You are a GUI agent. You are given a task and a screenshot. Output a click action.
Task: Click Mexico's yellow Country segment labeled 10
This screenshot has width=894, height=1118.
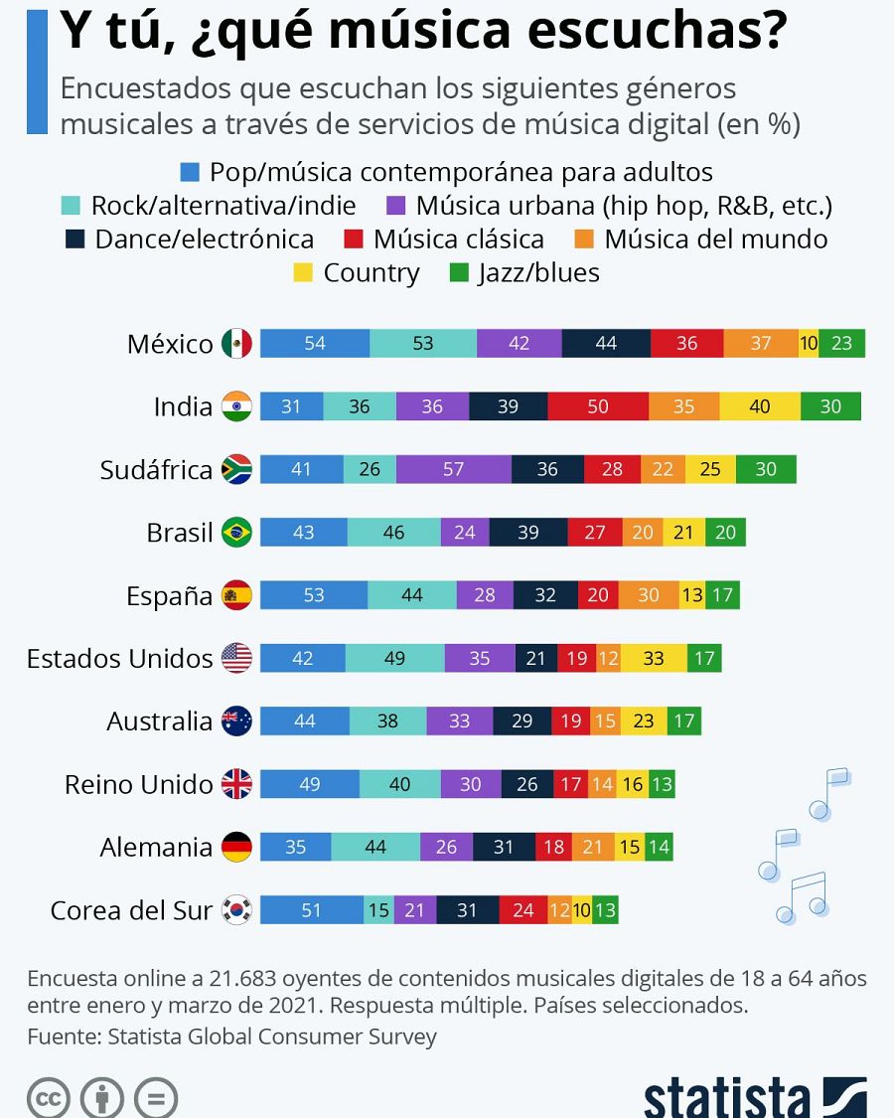(808, 343)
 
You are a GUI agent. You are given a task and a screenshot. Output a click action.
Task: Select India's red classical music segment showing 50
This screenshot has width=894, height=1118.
(598, 406)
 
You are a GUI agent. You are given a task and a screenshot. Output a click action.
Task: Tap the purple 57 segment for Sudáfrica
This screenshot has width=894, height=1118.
(453, 469)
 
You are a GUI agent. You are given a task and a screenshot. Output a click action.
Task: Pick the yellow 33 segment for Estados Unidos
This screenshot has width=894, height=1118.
(654, 658)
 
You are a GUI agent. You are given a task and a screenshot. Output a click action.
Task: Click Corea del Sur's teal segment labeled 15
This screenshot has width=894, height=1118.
(378, 910)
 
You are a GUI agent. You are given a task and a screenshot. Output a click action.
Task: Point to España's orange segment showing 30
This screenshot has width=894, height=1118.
(649, 595)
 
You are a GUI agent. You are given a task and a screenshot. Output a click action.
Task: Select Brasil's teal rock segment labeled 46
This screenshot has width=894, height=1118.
(393, 533)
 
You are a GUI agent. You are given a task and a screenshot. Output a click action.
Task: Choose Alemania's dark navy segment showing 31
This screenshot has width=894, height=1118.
(504, 848)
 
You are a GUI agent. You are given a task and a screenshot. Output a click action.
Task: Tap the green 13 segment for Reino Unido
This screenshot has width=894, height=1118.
(662, 784)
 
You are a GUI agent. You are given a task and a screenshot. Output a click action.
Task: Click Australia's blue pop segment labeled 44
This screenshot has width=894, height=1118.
(304, 721)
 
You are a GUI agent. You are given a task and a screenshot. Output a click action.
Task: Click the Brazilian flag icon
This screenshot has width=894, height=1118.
(236, 533)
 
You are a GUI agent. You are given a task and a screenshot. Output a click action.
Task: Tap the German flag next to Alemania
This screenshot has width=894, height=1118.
(236, 848)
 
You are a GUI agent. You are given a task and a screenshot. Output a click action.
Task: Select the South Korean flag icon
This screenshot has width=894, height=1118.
(236, 910)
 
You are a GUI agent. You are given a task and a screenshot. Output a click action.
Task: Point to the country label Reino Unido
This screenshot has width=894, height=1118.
(138, 784)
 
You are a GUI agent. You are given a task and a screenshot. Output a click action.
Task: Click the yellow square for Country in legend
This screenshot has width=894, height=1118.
(304, 272)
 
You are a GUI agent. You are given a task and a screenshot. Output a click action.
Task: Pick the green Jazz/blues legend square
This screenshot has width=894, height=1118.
(459, 272)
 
